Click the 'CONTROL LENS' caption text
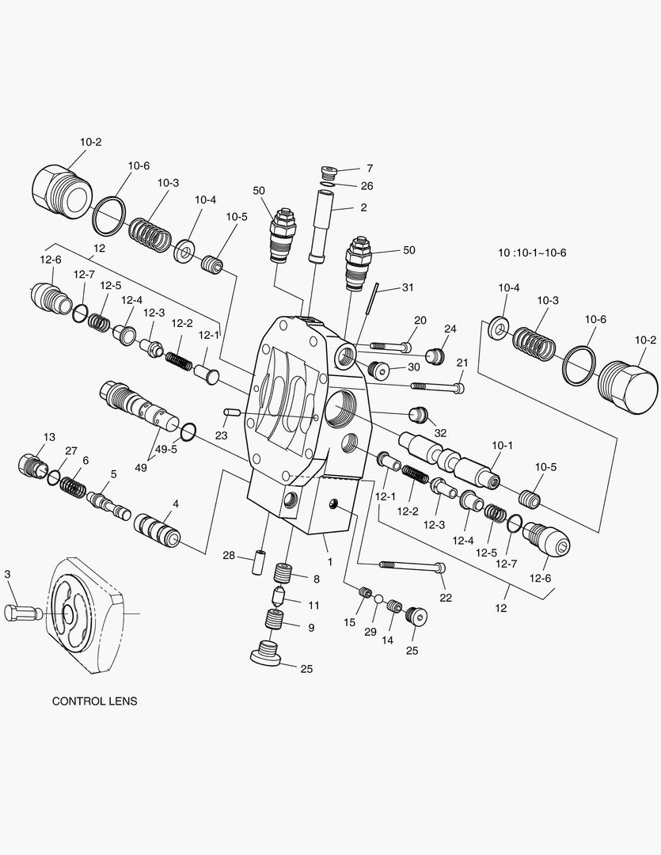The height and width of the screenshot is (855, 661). tap(94, 701)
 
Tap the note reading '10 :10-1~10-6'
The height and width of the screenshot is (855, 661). tap(532, 253)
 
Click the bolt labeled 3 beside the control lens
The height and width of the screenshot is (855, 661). tap(22, 612)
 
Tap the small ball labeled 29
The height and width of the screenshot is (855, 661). tap(378, 599)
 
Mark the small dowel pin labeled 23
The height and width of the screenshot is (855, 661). tap(232, 412)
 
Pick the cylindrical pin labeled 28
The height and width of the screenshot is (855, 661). tap(258, 560)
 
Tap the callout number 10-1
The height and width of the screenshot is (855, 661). tap(503, 446)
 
